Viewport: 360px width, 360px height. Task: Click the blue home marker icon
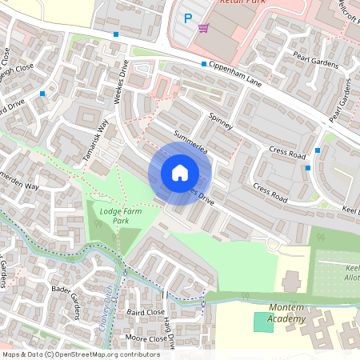point(180,173)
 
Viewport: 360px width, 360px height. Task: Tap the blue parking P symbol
point(188,18)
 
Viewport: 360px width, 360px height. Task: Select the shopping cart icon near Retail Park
point(204,28)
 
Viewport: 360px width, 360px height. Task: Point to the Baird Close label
point(145,311)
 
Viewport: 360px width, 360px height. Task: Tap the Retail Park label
point(243,3)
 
